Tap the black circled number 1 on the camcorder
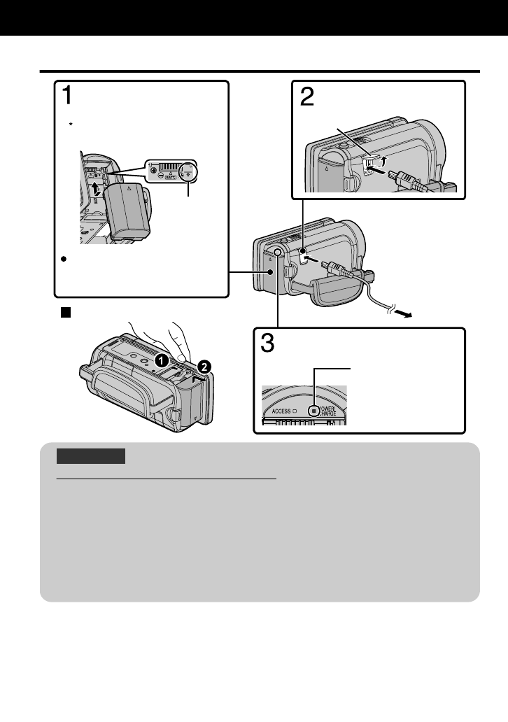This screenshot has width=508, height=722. (160, 361)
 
